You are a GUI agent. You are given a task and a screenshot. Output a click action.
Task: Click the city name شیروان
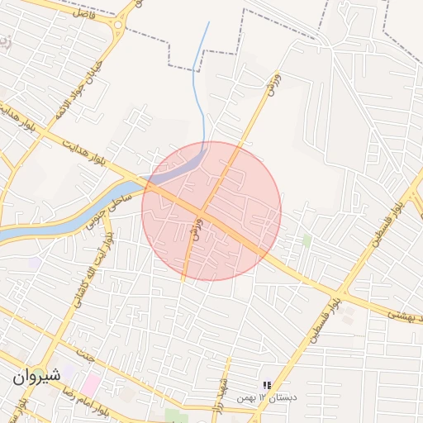tap(36, 376)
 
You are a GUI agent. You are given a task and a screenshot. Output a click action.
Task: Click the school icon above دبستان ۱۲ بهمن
tap(267, 385)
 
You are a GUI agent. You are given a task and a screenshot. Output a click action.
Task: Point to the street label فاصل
tap(84, 12)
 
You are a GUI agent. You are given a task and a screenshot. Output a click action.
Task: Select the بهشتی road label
tap(408, 316)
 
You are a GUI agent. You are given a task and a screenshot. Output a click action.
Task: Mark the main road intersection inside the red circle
tap(203, 216)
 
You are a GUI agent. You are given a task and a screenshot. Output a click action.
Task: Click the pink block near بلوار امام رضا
tap(90, 384)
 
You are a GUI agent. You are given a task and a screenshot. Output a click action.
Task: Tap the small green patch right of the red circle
tap(307, 240)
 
